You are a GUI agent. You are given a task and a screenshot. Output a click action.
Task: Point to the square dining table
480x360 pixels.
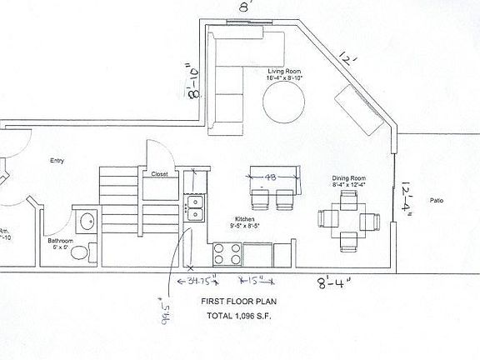(x=348, y=222)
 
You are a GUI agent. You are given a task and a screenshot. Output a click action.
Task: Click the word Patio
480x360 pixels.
(x=436, y=201)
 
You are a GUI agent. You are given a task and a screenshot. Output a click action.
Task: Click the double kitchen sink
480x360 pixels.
(x=193, y=208)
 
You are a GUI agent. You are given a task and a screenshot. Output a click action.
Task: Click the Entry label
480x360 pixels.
(x=57, y=161)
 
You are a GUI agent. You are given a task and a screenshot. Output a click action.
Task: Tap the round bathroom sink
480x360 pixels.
(x=86, y=222)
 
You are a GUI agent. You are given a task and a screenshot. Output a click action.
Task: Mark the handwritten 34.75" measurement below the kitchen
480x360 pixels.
(x=203, y=281)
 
